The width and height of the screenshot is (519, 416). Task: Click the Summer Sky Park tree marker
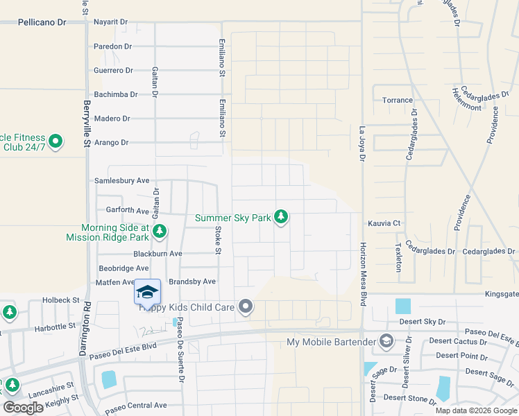click(x=281, y=217)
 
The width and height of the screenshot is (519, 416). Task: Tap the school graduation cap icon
click(x=147, y=291)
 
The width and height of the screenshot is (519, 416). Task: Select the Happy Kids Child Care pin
click(x=245, y=306)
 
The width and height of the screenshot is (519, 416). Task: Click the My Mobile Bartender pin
click(x=386, y=341)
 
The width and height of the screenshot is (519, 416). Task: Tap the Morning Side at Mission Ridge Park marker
click(x=159, y=231)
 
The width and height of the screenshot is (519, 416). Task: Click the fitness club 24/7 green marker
click(x=55, y=142)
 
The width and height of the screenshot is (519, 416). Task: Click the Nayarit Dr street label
click(x=110, y=22)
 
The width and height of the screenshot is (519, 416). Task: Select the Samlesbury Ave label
click(x=121, y=180)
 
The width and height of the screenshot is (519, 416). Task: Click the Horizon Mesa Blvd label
click(x=363, y=265)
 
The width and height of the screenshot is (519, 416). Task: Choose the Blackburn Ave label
click(x=158, y=254)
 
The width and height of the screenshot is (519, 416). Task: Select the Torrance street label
click(x=398, y=100)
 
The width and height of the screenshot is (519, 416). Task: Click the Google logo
click(x=24, y=408)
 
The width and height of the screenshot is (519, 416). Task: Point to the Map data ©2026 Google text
click(x=475, y=410)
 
